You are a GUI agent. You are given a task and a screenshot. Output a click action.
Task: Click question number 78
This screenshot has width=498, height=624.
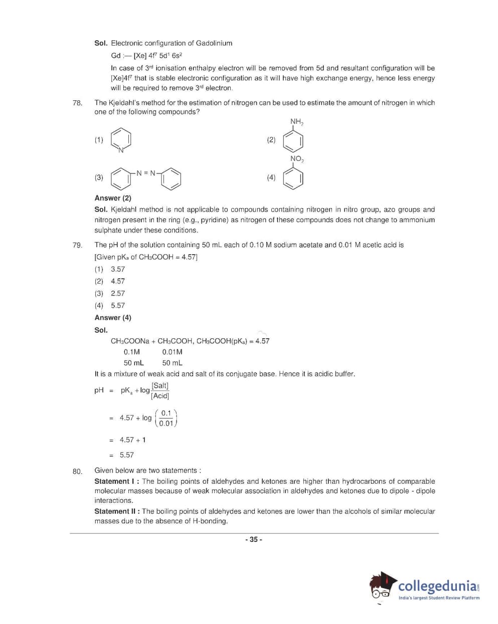click(x=77, y=103)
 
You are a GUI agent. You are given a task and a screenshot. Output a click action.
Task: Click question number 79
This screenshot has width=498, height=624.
click(x=77, y=245)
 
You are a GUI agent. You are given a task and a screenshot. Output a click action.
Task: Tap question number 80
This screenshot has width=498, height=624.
click(x=77, y=471)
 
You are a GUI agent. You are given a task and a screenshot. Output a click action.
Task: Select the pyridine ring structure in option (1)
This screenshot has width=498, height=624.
click(x=121, y=140)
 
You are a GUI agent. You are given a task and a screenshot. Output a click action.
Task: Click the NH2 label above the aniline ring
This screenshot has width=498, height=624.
click(x=296, y=122)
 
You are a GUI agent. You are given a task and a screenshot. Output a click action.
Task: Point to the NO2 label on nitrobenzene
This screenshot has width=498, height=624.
click(x=296, y=159)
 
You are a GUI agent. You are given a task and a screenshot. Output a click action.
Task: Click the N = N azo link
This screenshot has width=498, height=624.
click(x=146, y=173)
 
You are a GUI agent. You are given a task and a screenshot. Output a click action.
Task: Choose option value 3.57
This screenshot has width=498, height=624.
click(x=118, y=269)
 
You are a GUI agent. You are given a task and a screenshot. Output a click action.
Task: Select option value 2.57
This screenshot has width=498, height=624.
click(x=118, y=293)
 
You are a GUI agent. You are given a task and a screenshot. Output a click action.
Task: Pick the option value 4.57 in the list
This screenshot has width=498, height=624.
click(x=118, y=281)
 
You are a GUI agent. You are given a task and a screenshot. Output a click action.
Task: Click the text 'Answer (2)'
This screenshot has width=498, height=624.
click(x=113, y=198)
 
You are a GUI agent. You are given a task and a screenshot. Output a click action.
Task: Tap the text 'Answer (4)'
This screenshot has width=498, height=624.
click(x=113, y=318)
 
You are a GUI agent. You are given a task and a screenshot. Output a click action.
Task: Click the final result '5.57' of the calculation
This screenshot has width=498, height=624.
click(x=127, y=455)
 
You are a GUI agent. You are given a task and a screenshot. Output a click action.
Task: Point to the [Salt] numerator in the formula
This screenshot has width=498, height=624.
click(x=160, y=385)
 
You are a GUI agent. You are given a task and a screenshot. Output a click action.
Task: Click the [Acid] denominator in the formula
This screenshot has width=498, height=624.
click(x=160, y=396)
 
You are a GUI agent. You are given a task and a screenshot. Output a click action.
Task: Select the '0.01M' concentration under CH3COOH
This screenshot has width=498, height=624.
click(x=172, y=352)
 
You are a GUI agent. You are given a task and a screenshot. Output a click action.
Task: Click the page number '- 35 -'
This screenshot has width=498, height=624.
click(x=253, y=539)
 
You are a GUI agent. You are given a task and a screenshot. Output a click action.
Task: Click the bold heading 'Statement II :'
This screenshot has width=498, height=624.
click(x=117, y=511)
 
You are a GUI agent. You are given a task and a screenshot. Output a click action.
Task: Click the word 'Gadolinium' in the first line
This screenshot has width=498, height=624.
click(x=214, y=43)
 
